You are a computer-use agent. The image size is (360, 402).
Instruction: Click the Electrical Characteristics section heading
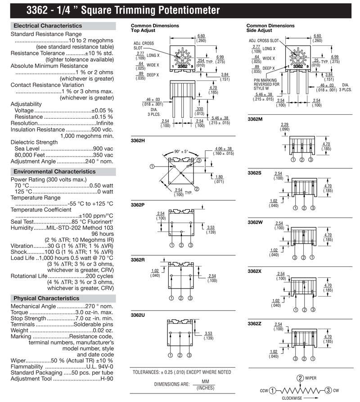pos(48,26)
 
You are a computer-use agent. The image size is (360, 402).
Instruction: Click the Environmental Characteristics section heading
pos(54,172)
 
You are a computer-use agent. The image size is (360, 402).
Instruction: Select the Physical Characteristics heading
pos(46,298)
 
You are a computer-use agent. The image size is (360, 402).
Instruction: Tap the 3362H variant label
pos(138,140)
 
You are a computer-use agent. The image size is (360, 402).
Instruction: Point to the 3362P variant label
pos(138,205)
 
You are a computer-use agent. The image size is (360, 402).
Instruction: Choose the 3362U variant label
pos(138,315)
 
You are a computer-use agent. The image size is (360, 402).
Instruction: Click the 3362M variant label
pos(255,119)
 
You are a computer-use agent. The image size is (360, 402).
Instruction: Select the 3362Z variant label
pos(254,324)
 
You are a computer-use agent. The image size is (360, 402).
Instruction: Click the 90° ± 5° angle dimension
pos(181,152)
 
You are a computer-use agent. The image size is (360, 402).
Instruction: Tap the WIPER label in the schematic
pos(310,378)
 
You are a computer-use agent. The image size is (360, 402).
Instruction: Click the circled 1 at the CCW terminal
pos(273,390)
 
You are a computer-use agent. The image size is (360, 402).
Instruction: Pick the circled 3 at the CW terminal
pos(328,390)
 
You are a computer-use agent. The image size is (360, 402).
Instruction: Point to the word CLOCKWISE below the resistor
pos(292,398)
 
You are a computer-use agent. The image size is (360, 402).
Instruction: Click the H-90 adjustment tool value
pos(107,379)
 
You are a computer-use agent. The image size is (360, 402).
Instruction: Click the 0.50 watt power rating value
pos(101,185)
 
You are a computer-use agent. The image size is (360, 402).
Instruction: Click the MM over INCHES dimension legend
pos(205,384)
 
